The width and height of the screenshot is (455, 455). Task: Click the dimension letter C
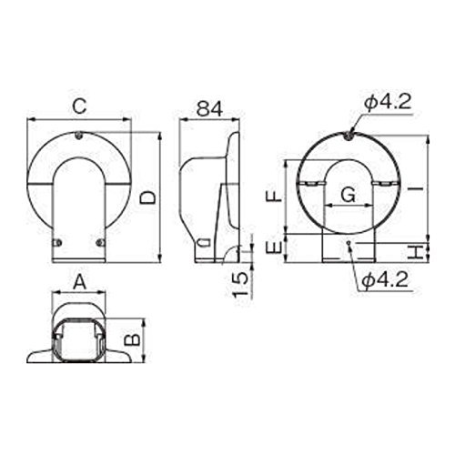tap(80, 106)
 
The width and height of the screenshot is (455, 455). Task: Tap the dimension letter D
tap(147, 197)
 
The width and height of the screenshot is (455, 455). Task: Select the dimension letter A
tap(80, 282)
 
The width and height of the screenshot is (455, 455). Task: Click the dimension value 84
tap(209, 108)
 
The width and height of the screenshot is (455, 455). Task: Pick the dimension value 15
tap(240, 285)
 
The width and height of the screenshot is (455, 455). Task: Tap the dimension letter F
tap(274, 197)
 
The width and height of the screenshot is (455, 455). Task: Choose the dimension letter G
tap(348, 195)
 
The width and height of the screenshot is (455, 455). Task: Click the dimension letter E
tap(274, 248)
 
